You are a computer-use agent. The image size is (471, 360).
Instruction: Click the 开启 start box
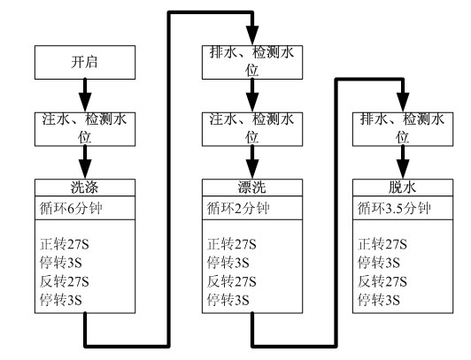point(85,63)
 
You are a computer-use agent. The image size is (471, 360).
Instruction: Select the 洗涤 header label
point(85,188)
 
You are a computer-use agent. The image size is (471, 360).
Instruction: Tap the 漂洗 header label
point(252,188)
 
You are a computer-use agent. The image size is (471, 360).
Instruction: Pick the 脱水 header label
point(403,188)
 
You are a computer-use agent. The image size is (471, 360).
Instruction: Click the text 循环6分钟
point(71,209)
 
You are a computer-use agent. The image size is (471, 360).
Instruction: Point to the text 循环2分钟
point(238,209)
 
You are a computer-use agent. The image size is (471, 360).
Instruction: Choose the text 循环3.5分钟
point(394,209)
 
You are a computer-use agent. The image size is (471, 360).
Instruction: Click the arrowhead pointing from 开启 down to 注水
point(85,103)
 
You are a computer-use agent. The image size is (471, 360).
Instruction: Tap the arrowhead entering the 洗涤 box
point(85,170)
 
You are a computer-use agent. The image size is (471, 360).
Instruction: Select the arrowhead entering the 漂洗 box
point(252,170)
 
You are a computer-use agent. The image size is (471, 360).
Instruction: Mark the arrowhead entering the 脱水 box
point(403,170)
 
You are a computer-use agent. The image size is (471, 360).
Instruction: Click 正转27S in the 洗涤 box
point(65,244)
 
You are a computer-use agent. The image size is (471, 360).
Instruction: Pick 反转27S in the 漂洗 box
point(232,281)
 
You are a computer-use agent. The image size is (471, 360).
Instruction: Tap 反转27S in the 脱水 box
point(382,281)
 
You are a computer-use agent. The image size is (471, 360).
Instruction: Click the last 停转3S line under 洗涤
point(61,301)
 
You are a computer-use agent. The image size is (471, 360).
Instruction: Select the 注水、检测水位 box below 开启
point(85,129)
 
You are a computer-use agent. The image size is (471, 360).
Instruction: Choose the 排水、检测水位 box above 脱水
point(403,129)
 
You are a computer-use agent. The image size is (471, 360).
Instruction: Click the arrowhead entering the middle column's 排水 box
point(252,35)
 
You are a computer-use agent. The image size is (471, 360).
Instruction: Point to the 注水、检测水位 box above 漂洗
point(252,129)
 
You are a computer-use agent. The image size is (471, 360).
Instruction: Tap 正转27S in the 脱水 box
point(382,244)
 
